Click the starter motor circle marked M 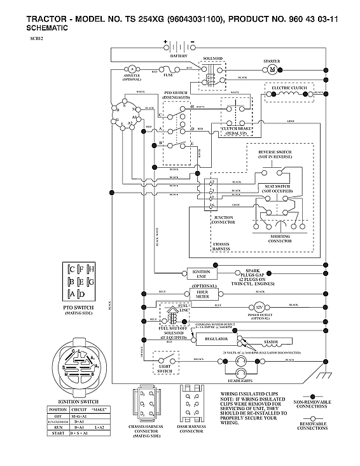272,69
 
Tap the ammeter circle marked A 132,68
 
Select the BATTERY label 179,56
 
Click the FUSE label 168,75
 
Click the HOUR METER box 202,294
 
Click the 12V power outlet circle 260,306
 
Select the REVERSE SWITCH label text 275,154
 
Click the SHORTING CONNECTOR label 280,238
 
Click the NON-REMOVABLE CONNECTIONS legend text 312,404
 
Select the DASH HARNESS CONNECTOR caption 191,428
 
